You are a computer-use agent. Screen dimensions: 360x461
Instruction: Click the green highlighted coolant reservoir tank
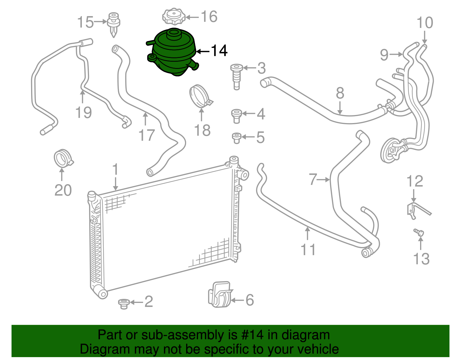pos(173,53)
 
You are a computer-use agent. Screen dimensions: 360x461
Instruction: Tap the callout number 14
pos(219,51)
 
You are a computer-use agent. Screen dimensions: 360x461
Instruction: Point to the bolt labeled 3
pos(236,76)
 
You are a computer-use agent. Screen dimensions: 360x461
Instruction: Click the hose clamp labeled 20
pos(63,158)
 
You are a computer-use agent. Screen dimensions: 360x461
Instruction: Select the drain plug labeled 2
pos(124,304)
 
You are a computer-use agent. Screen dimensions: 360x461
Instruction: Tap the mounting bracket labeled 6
pos(220,295)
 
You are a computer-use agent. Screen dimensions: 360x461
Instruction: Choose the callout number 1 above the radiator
pos(115,169)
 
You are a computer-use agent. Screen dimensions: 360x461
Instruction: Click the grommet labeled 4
pos(236,116)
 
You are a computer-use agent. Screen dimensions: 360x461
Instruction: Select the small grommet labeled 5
pos(236,138)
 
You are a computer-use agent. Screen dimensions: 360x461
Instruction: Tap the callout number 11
pos(308,250)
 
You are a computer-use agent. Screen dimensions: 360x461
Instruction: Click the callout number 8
pos(340,93)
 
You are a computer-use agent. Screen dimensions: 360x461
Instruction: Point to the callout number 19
pos(83,112)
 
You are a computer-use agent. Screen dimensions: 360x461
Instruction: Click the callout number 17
pos(147,135)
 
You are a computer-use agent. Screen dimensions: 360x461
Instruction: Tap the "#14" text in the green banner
pos(250,335)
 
